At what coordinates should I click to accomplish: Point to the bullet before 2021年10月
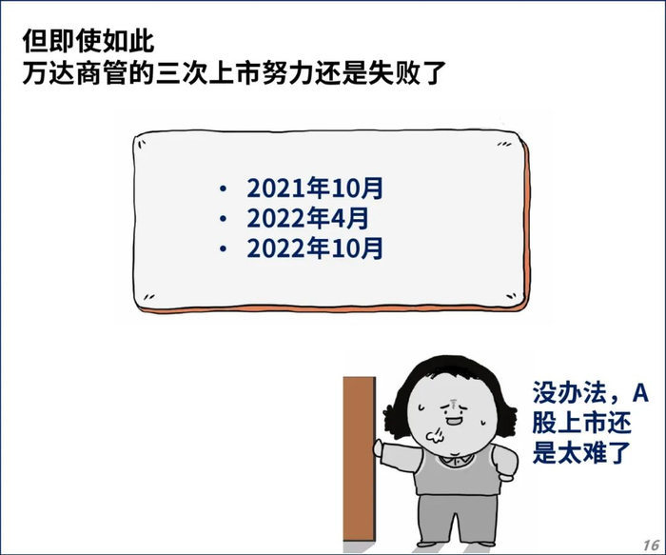tap(223, 188)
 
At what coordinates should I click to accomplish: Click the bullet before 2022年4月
tap(223, 219)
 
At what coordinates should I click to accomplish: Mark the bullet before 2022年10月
tap(223, 249)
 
